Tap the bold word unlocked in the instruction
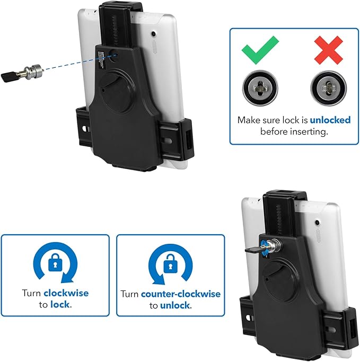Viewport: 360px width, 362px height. click(330, 120)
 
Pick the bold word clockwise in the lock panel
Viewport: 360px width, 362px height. click(66, 293)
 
